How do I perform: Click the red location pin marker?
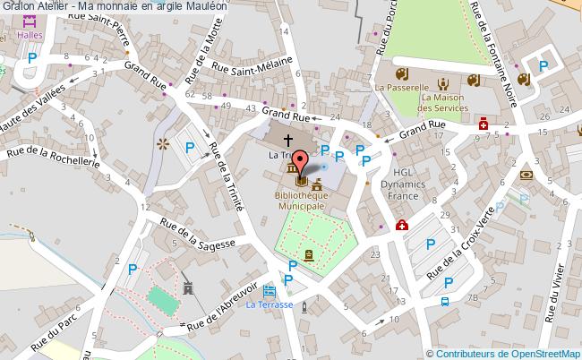[300, 162]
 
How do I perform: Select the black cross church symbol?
[288, 140]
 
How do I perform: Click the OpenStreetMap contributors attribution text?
[503, 353]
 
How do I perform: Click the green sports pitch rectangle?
[161, 297]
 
